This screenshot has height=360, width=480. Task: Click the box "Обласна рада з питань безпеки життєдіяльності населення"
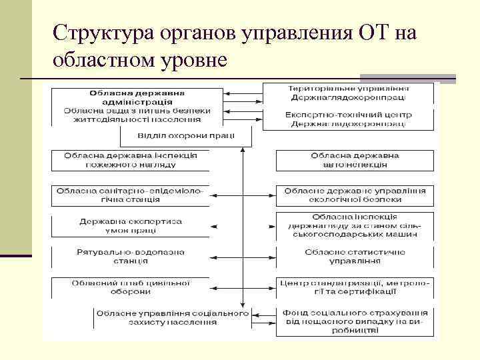pyautogui.click(x=137, y=115)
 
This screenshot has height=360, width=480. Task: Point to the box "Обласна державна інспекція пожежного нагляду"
pyautogui.click(x=131, y=160)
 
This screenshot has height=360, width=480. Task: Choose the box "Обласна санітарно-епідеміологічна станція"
pyautogui.click(x=131, y=195)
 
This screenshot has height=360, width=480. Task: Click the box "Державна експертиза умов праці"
pyautogui.click(x=131, y=225)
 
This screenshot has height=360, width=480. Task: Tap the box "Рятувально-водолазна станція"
pyautogui.click(x=131, y=257)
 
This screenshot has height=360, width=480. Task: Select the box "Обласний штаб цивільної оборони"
pyautogui.click(x=131, y=287)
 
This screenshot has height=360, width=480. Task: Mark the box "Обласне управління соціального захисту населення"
pyautogui.click(x=171, y=317)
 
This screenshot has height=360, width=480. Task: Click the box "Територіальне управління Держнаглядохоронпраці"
pyautogui.click(x=348, y=93)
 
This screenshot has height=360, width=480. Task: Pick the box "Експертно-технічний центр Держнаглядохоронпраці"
pyautogui.click(x=348, y=119)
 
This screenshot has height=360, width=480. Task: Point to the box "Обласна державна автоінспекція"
pyautogui.click(x=354, y=160)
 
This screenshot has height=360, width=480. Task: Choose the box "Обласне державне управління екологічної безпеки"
pyautogui.click(x=354, y=195)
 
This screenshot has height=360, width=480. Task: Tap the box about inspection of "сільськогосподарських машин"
pyautogui.click(x=354, y=225)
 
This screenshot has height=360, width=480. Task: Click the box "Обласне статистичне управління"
pyautogui.click(x=354, y=257)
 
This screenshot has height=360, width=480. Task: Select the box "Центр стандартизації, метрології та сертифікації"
pyautogui.click(x=354, y=287)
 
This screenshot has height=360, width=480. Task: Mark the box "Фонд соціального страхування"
pyautogui.click(x=354, y=321)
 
